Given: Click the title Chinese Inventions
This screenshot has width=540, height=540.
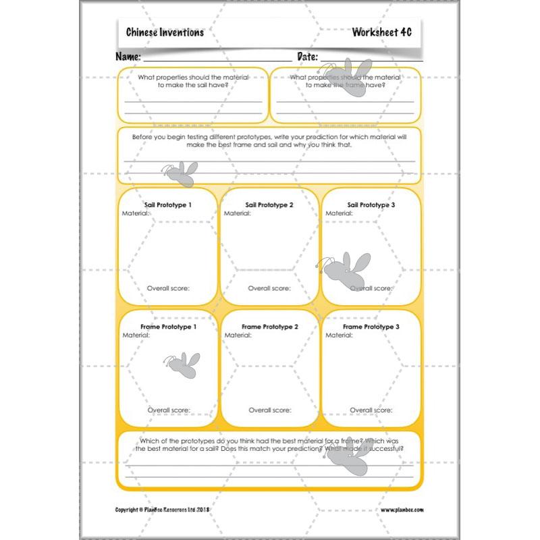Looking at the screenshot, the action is point(165,32).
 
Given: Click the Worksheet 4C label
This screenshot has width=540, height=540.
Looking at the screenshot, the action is point(381,32).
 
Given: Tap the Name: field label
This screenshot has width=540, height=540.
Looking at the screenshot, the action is point(128,57).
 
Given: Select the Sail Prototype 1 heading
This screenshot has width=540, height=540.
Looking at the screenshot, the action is point(167,205).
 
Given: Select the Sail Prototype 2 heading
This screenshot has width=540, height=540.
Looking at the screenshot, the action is point(269,205).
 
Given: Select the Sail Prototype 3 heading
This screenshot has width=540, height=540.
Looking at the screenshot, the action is point(371,205).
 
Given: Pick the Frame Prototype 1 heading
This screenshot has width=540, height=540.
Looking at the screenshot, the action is point(168,327).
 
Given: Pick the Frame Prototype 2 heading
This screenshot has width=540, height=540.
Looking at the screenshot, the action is point(269,327).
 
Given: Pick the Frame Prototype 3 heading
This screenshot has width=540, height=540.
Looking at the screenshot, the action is point(371,327).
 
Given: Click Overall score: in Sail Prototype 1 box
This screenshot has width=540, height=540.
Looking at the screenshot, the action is point(168,288).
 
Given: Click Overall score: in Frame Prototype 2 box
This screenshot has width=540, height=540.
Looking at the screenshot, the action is point(269,410).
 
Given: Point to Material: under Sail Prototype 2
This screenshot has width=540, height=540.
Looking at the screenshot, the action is point(238,213).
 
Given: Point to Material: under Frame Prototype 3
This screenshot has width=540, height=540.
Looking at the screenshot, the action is point(340,335).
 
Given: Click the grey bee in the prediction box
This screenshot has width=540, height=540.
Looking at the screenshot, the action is point(180,173).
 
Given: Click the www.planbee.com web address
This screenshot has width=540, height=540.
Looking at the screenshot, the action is point(402,510).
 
